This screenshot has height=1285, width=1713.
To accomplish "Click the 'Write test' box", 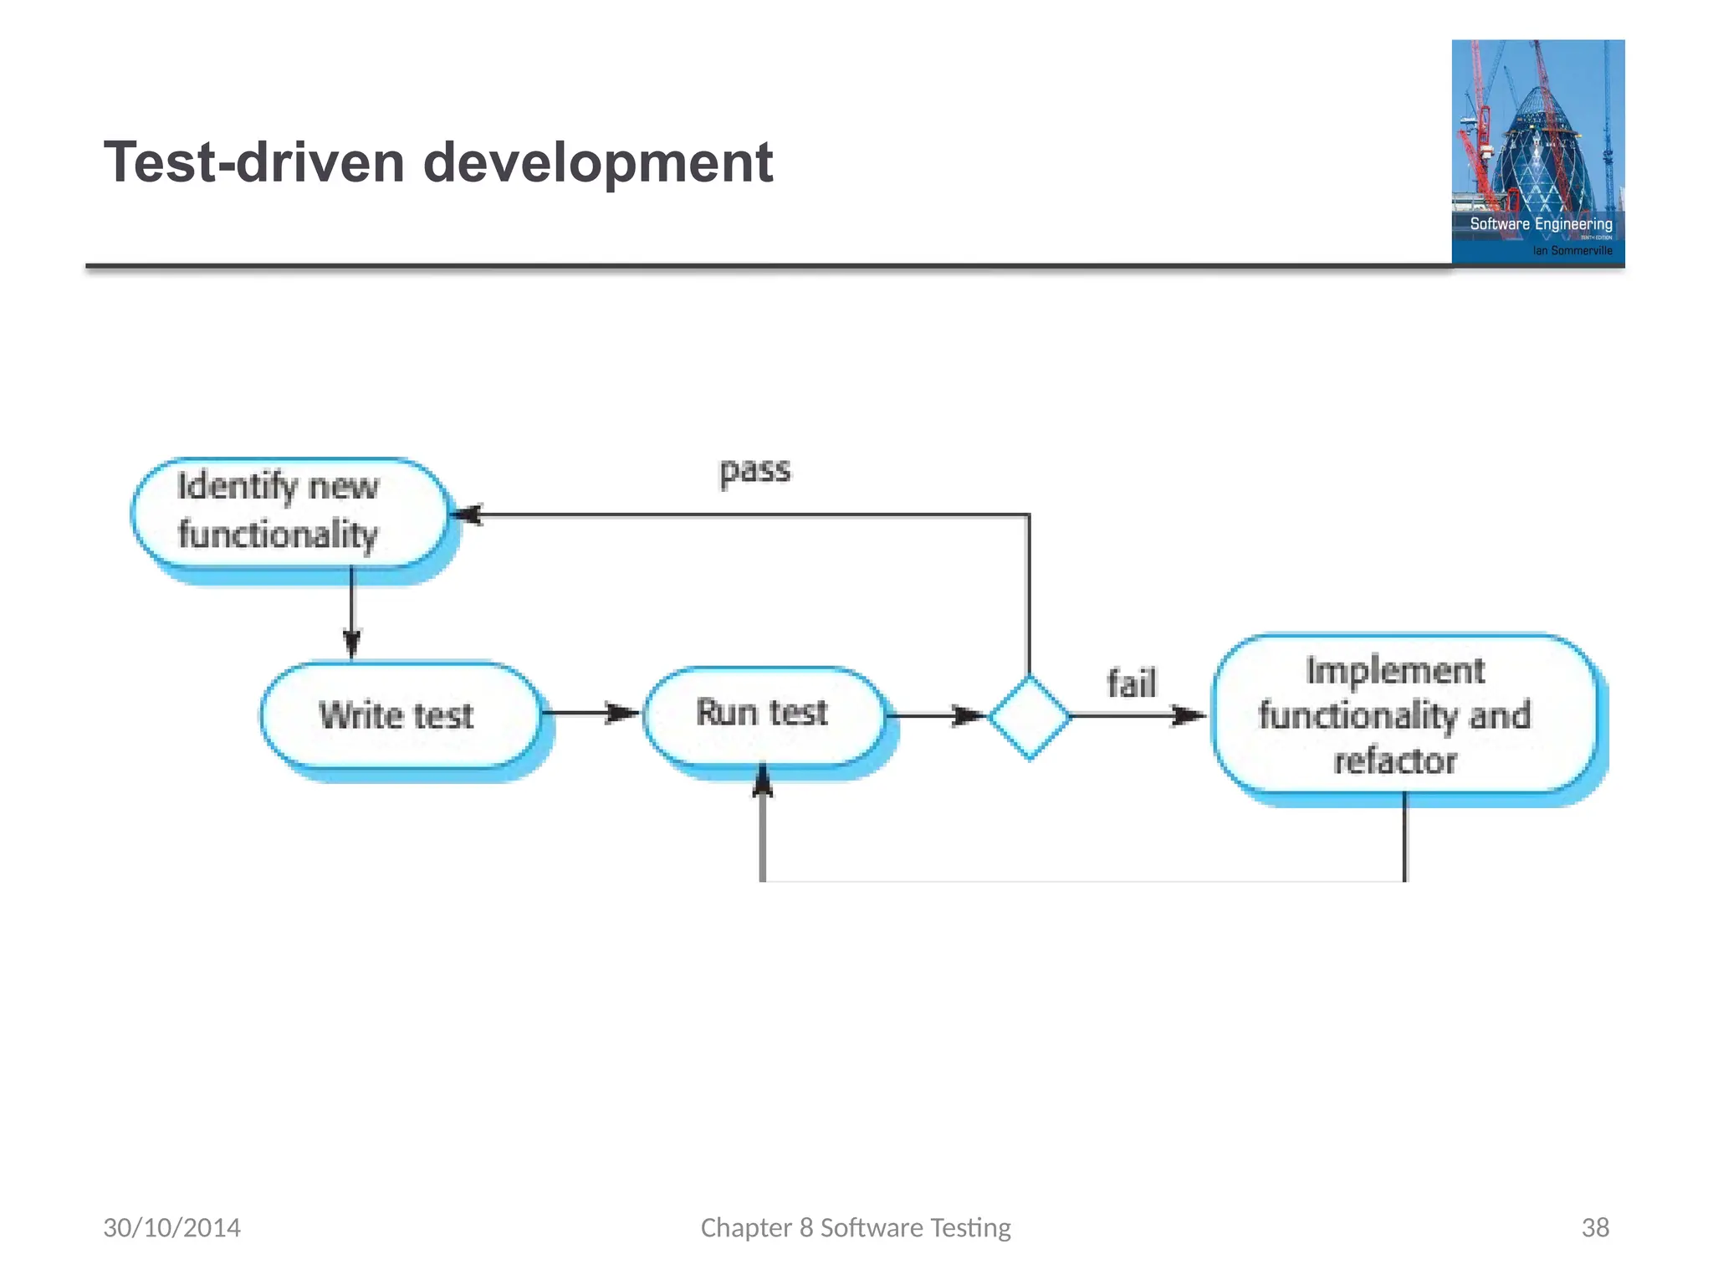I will click(400, 715).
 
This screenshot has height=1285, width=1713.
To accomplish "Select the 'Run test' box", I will click(763, 714).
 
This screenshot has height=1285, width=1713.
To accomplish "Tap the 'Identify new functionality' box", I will click(289, 512).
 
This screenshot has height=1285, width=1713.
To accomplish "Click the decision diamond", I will click(1029, 716).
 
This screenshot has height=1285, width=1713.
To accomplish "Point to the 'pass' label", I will click(754, 470).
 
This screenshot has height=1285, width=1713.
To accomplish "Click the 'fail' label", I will click(1131, 683).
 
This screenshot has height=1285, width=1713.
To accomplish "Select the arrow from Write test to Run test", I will click(591, 714).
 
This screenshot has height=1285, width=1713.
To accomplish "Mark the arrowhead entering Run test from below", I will click(762, 780).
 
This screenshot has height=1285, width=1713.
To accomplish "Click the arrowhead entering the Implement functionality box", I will click(1188, 715).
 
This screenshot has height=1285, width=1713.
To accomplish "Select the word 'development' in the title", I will click(597, 162).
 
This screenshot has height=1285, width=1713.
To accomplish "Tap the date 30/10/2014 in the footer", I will click(171, 1227).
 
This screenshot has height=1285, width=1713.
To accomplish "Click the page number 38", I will click(1594, 1227).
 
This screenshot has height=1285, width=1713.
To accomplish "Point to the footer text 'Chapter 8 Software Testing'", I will click(855, 1227).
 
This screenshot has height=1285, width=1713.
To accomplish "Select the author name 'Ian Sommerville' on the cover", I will click(1572, 250).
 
